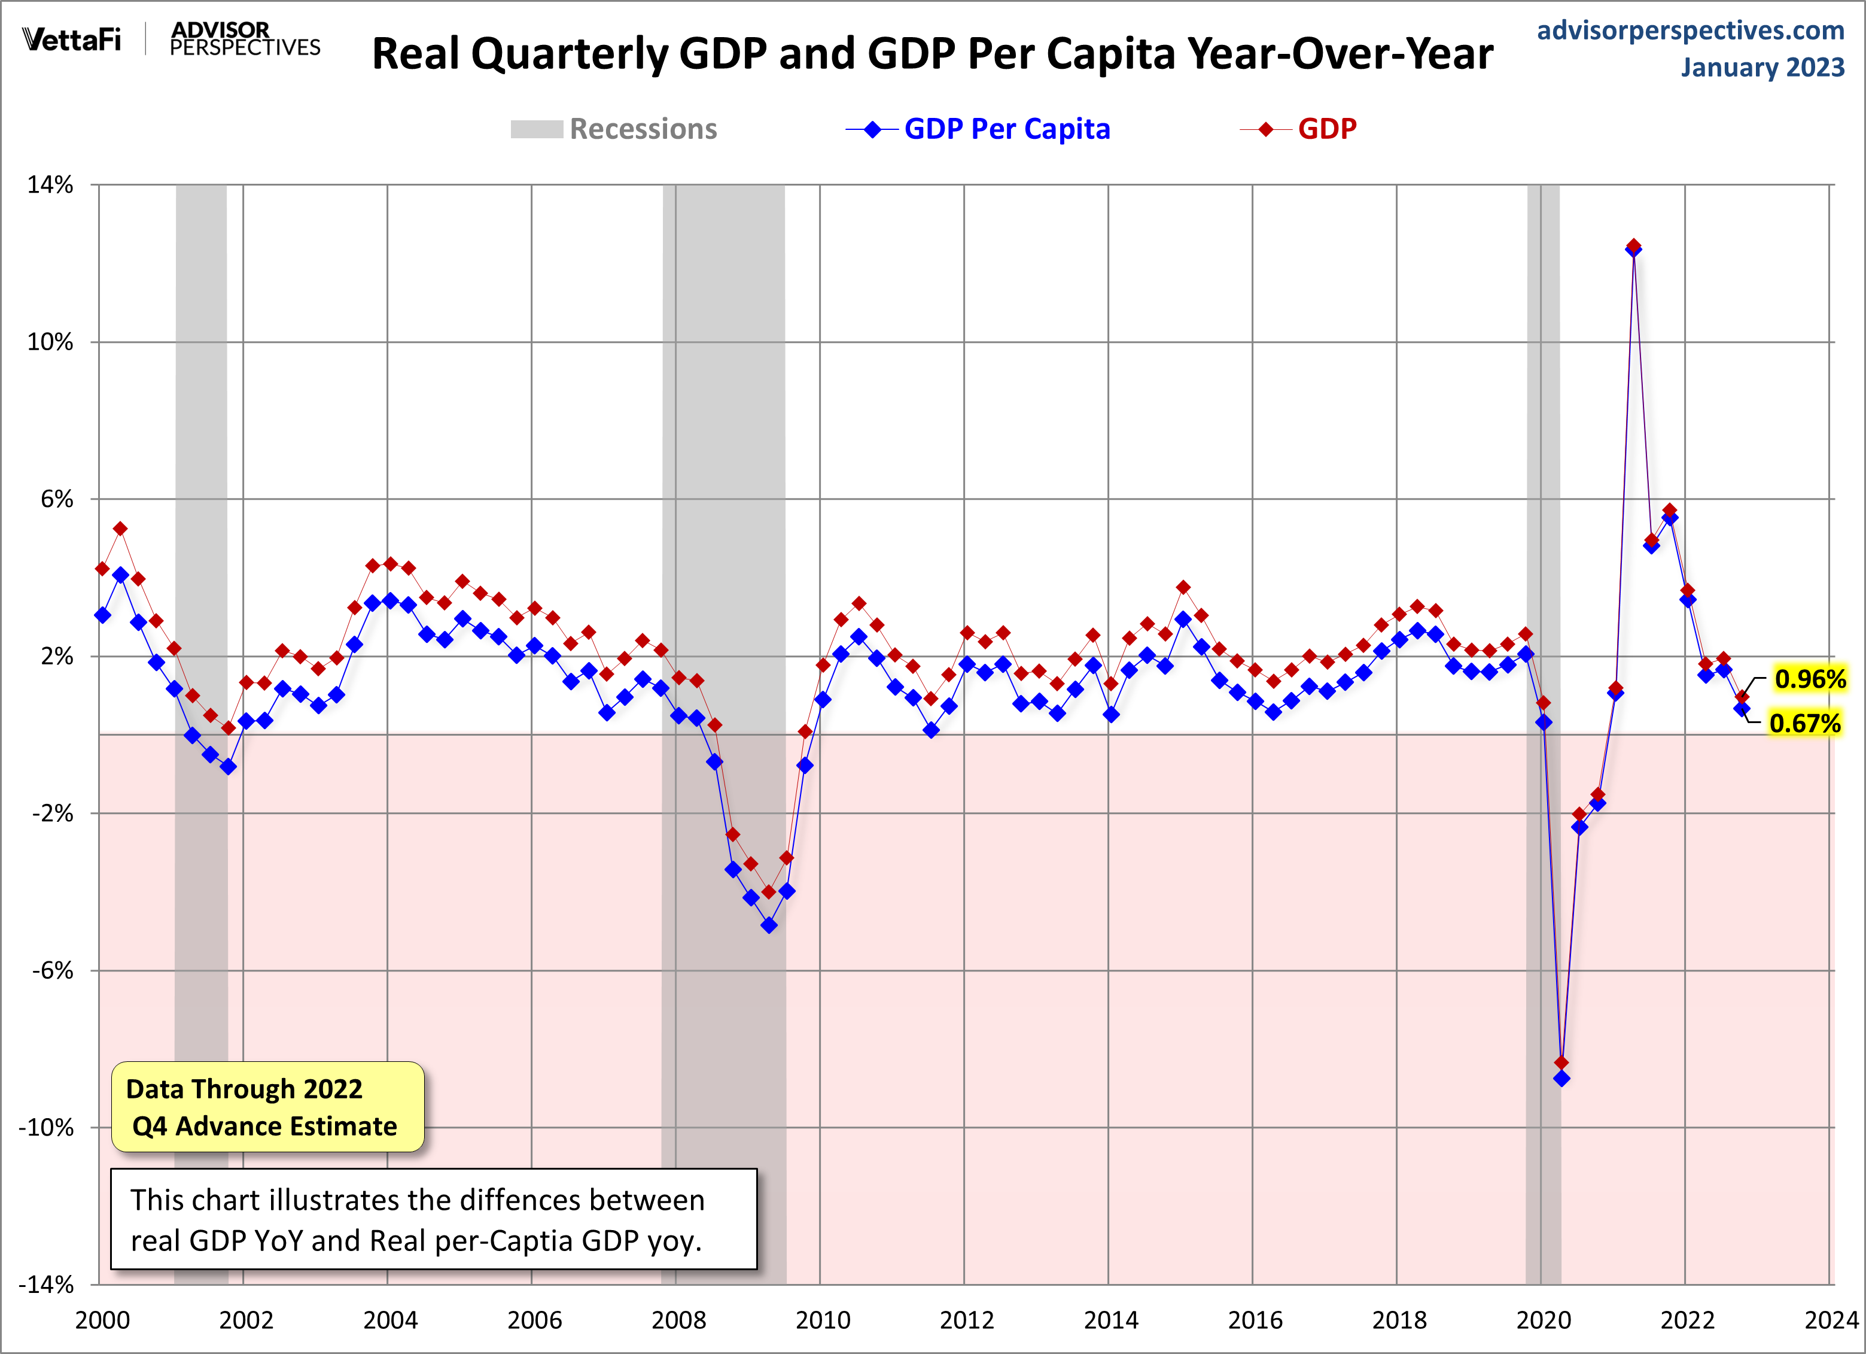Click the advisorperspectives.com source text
tap(1690, 31)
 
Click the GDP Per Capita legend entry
tap(1006, 129)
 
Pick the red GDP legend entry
tap(1326, 129)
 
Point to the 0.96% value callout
tap(1809, 679)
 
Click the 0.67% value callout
tap(1804, 724)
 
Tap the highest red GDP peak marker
tap(1633, 245)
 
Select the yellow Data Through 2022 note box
tap(267, 1107)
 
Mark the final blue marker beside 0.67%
tap(1742, 709)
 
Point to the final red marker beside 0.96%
tap(1742, 697)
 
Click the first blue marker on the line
tap(103, 615)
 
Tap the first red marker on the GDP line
tap(103, 568)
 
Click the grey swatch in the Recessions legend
tap(537, 129)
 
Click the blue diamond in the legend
tap(873, 129)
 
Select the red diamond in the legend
tap(1266, 129)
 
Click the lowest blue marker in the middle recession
tap(768, 925)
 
